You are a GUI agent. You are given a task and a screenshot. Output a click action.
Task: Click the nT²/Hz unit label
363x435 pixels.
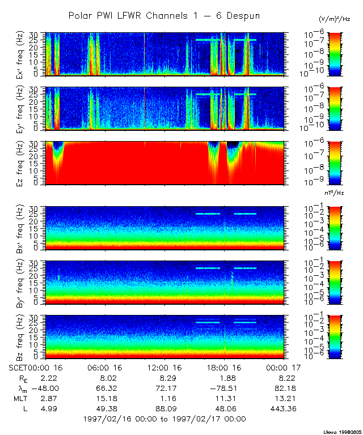335,193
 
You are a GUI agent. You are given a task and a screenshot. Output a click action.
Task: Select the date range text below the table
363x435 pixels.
164,419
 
